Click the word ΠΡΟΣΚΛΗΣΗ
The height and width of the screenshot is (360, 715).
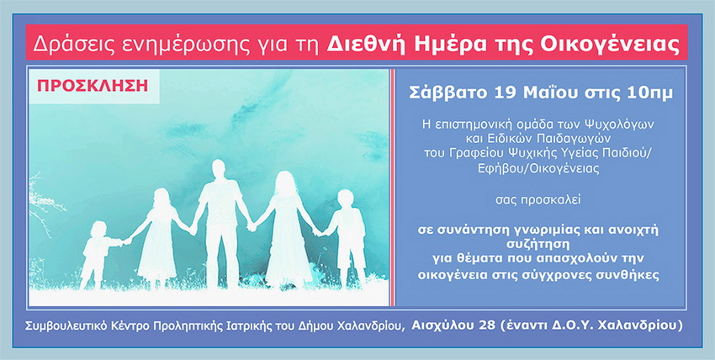pos(93,86)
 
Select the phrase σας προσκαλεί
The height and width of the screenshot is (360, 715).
pos(538,199)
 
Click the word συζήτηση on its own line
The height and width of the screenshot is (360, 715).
pos(538,245)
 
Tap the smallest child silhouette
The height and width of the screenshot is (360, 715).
pos(98,254)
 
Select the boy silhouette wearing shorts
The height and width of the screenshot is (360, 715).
pos(347,237)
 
